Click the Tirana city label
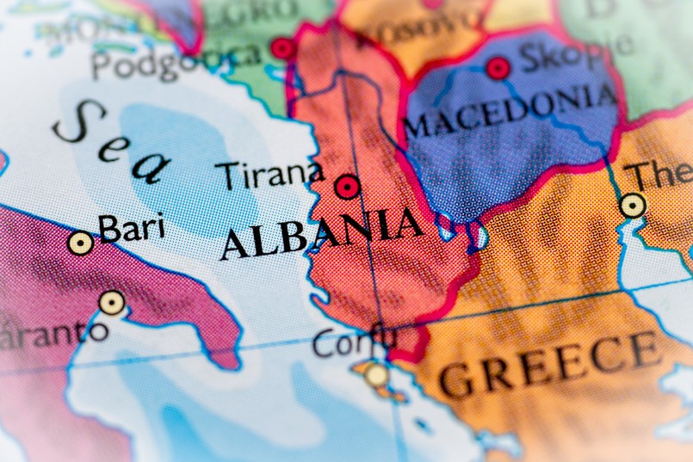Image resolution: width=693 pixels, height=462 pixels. point(269,175)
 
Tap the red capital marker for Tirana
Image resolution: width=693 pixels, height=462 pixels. point(347,187)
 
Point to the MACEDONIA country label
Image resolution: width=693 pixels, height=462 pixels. point(510,111)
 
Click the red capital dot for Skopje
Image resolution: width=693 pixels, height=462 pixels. point(498,68)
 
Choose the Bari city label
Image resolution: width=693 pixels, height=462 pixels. point(131,229)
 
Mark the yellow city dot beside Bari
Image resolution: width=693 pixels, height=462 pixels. point(81,243)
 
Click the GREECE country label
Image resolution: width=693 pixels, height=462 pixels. point(550,362)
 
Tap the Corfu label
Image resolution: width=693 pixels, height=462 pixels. point(354,342)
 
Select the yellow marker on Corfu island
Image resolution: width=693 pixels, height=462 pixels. point(376,374)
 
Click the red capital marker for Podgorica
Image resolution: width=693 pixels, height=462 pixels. point(282,48)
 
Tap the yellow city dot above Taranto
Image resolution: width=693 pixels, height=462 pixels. point(111,303)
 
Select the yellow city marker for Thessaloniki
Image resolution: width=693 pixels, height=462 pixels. point(633,205)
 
